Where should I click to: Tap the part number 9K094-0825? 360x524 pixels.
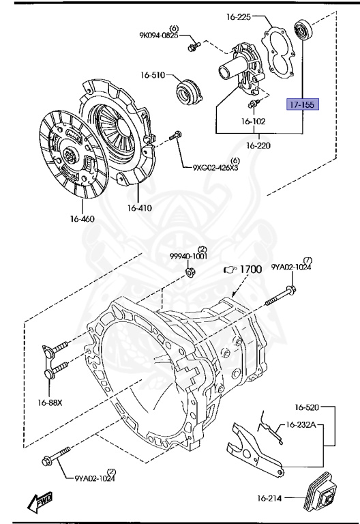point(160,34)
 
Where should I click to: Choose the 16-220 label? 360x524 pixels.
point(258,145)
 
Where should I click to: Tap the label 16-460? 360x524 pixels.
point(81,219)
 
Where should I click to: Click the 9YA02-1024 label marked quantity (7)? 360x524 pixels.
point(292,267)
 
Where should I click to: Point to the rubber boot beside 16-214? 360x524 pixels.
point(322,489)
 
